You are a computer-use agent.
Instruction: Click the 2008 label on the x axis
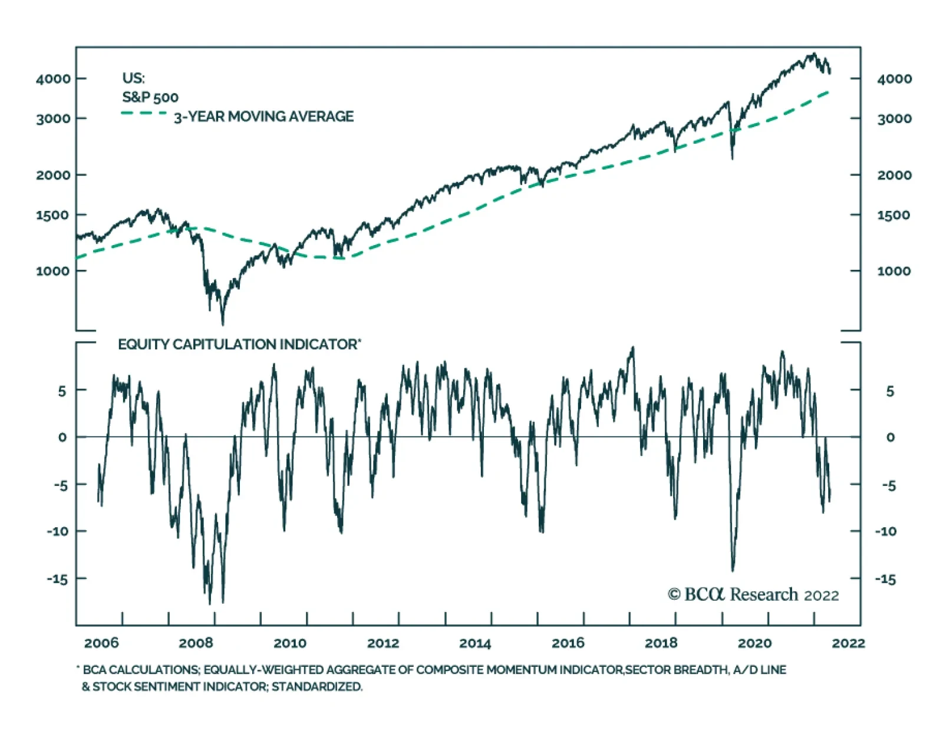click(x=196, y=643)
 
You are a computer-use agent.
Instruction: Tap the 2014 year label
click(x=475, y=643)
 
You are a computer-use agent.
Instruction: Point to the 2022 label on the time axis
click(x=848, y=643)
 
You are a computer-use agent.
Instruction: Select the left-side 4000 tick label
click(x=53, y=78)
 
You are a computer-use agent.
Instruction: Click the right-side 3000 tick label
click(x=894, y=118)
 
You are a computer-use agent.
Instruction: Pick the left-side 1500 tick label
click(x=53, y=215)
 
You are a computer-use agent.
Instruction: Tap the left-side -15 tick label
click(x=57, y=579)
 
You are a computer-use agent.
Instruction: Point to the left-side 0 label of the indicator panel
click(x=62, y=437)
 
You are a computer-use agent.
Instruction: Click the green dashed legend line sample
click(x=144, y=113)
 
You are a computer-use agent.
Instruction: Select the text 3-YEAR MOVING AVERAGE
click(x=263, y=117)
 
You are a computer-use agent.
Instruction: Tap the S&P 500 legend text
click(x=150, y=97)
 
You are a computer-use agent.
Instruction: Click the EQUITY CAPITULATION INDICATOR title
click(x=239, y=345)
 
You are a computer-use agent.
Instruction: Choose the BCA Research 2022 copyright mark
click(x=753, y=594)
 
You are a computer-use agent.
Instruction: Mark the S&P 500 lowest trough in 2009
click(x=222, y=323)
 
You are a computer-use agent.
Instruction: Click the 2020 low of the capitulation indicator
click(x=733, y=570)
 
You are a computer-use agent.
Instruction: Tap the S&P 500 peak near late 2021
click(x=813, y=54)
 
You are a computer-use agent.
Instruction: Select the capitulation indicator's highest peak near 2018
click(x=633, y=348)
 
